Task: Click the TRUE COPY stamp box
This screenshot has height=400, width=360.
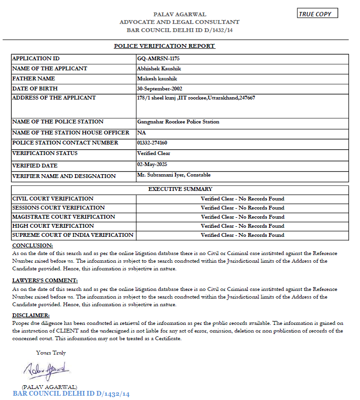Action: pos(317,14)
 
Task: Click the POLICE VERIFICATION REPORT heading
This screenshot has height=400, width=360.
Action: pos(164,46)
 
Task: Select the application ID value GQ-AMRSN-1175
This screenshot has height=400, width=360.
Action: pos(152,58)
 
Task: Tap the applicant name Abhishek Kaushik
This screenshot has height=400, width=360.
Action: pos(156,68)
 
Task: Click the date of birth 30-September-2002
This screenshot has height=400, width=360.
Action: pos(159,89)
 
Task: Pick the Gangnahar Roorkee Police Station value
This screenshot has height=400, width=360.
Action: pos(178,122)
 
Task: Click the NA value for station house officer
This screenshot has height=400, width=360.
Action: pos(141,132)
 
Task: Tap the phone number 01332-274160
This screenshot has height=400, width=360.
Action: pos(152,143)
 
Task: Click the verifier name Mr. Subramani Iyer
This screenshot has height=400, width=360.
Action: pos(174,175)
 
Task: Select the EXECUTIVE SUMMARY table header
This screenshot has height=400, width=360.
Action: pos(180,189)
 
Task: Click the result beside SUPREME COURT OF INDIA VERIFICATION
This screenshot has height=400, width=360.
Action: pos(242,235)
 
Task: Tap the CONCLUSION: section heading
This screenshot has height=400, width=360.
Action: pos(32,245)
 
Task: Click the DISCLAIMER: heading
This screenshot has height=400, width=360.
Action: pos(31,315)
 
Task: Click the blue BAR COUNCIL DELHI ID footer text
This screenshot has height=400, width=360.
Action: pos(71,394)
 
